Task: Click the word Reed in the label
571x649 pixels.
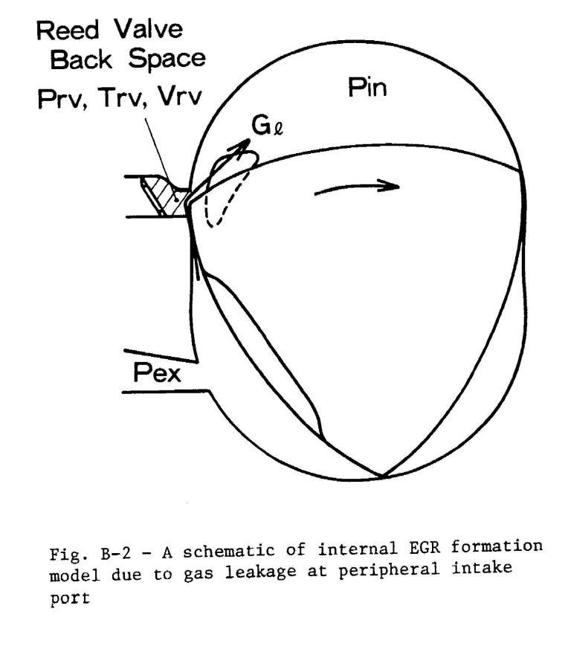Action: (x=68, y=30)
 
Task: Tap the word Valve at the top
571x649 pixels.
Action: (x=149, y=29)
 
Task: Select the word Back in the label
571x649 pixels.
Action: (x=81, y=59)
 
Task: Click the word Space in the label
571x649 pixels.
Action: (x=167, y=59)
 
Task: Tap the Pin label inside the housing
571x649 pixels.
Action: (x=368, y=87)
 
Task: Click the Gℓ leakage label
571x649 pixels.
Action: (x=267, y=126)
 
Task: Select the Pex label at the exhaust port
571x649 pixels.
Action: (x=157, y=372)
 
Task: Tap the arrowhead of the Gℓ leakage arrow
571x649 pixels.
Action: (x=242, y=145)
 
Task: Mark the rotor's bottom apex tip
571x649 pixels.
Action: (x=383, y=477)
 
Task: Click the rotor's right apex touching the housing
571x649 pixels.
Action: (x=520, y=170)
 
